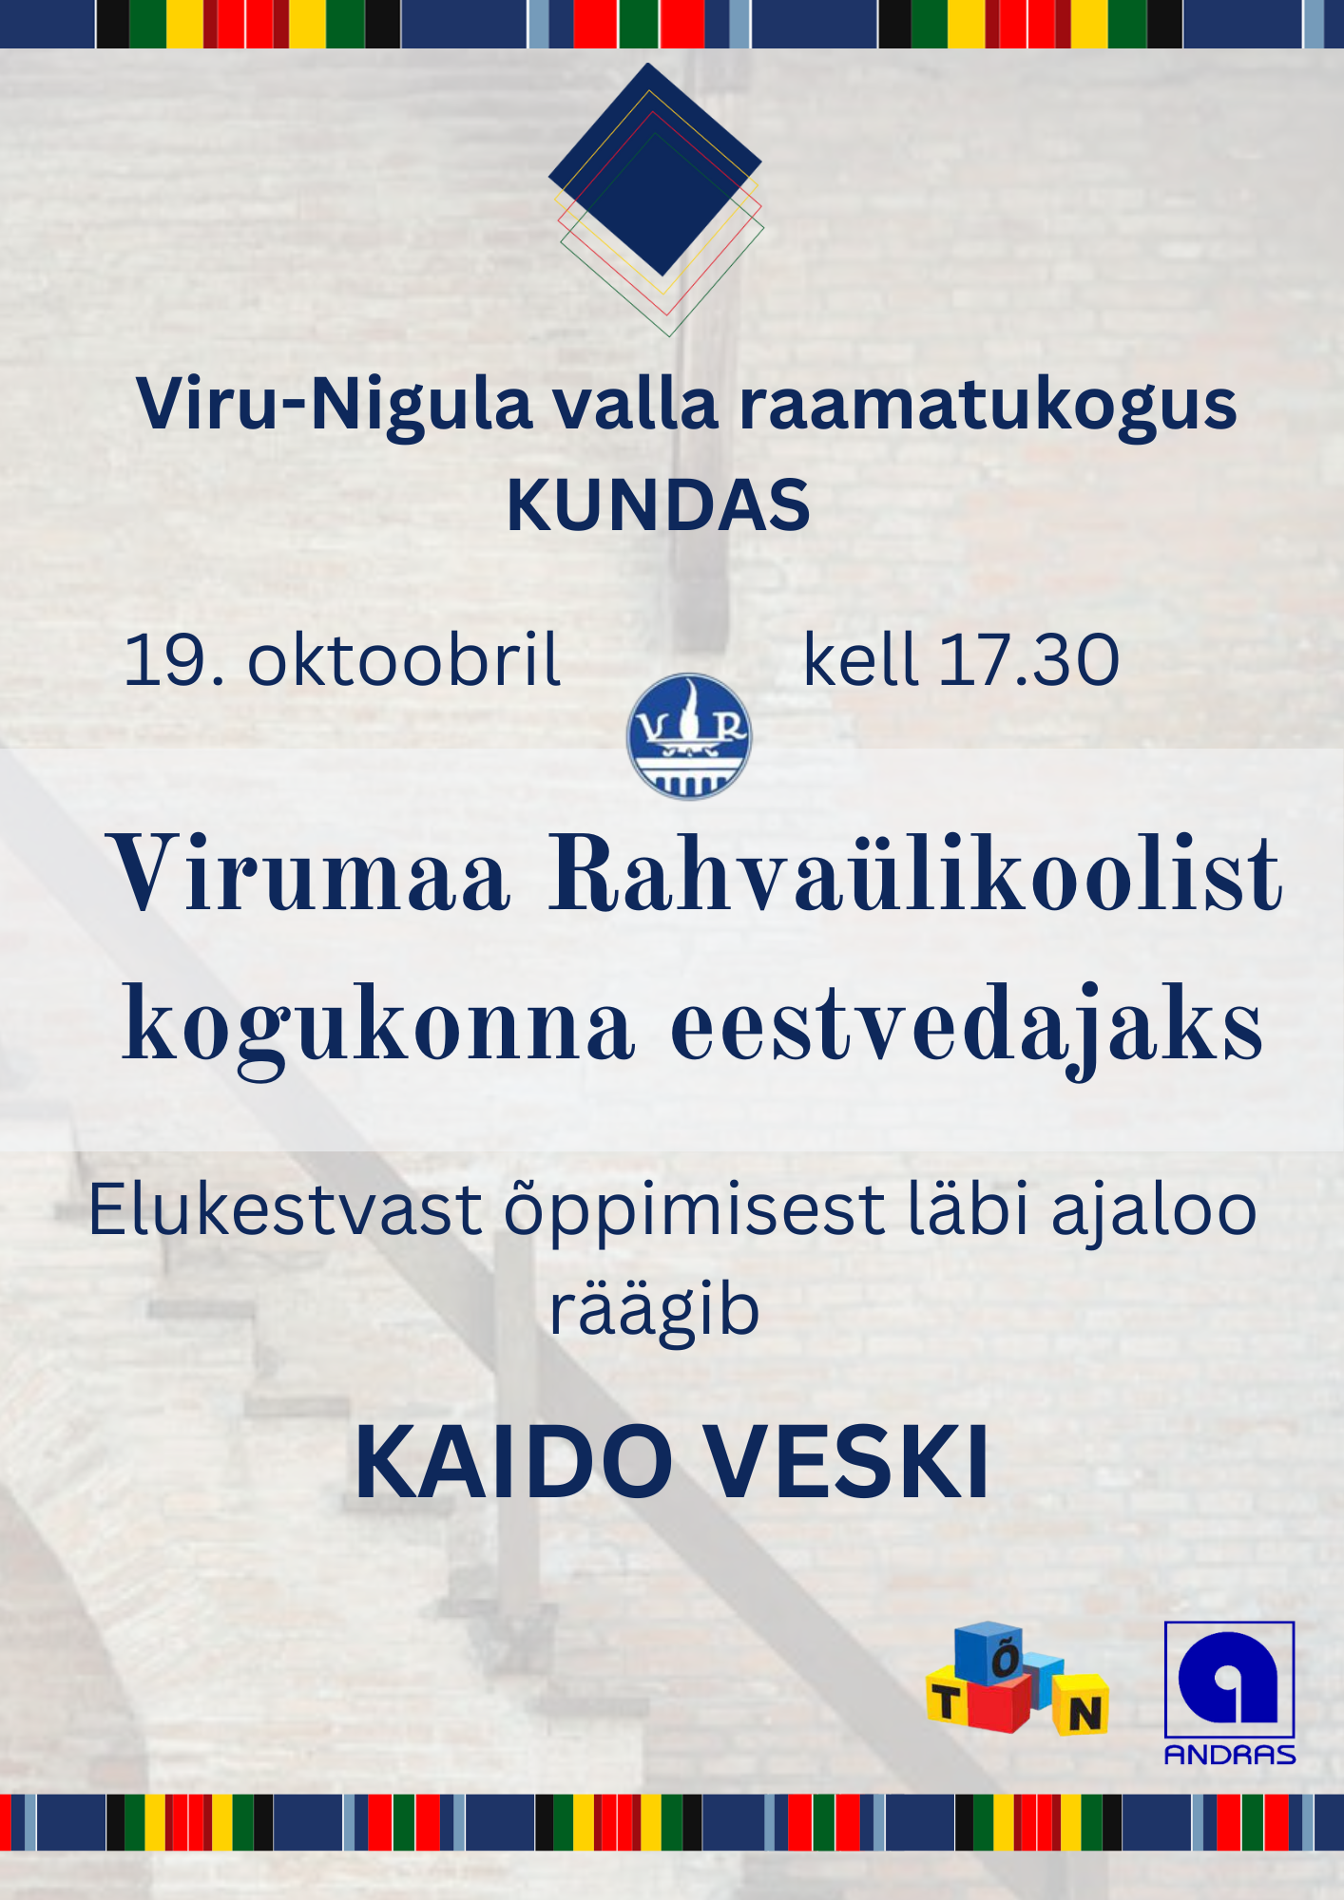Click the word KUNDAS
tap(659, 504)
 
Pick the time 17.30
tap(1029, 659)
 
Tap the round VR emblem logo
tap(689, 736)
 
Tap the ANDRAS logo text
tap(1230, 1755)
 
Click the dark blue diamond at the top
tap(655, 169)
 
